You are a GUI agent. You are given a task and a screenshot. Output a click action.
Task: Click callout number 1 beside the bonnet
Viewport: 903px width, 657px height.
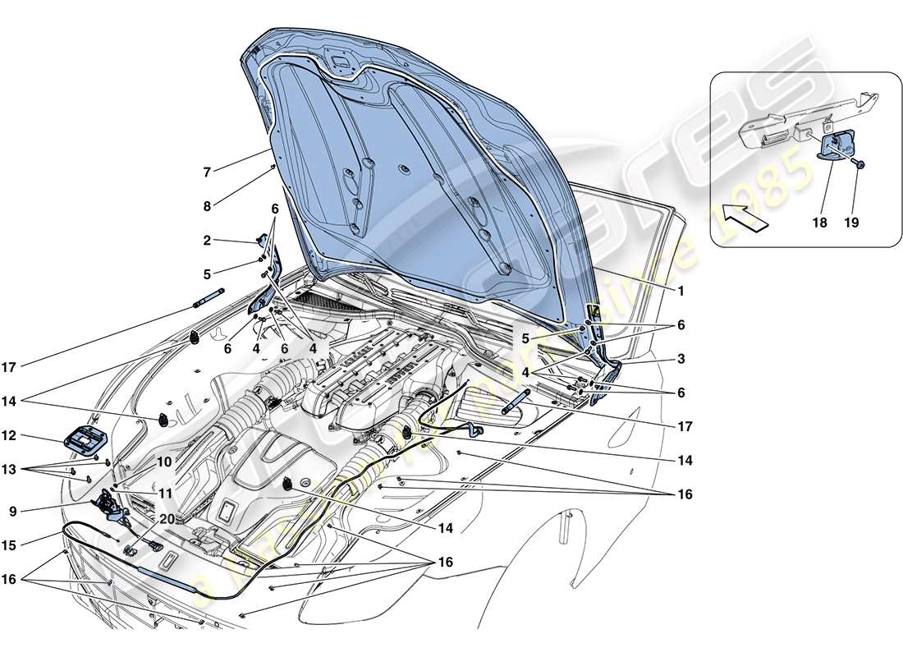(x=680, y=291)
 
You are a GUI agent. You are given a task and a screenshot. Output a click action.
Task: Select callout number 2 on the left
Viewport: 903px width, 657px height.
(x=208, y=241)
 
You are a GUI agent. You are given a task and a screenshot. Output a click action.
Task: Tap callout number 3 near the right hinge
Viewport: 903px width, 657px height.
(x=681, y=360)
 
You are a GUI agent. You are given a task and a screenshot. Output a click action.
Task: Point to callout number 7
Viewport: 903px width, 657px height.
(x=208, y=172)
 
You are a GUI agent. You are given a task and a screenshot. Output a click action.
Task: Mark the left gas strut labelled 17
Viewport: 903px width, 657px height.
(x=209, y=297)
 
